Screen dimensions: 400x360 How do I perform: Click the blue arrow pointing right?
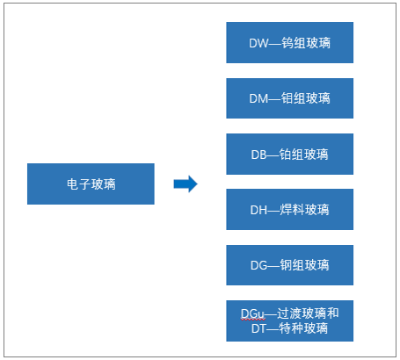[x=185, y=184]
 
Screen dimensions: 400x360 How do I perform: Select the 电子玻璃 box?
[x=91, y=184]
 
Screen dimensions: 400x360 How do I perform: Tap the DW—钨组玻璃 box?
[x=289, y=42]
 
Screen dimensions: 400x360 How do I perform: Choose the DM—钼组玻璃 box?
[x=289, y=98]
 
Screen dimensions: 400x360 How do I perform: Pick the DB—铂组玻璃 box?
[x=289, y=154]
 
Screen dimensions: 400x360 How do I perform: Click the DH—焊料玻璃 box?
[x=289, y=209]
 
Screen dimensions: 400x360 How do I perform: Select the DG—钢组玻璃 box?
[x=289, y=265]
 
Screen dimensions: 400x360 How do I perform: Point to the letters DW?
[x=258, y=43]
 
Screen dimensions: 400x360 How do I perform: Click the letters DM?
[x=258, y=98]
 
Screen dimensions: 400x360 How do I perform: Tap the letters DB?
[x=258, y=155]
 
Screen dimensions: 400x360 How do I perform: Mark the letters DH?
[x=258, y=210]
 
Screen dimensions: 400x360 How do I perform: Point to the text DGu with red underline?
[x=252, y=314]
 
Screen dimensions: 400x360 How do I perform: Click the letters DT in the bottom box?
[x=258, y=328]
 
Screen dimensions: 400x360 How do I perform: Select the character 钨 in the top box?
[x=287, y=43]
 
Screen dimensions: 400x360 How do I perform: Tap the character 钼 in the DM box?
[x=287, y=98]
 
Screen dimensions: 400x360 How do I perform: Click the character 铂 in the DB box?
[x=285, y=155]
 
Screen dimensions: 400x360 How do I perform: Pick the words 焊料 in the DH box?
[x=292, y=210]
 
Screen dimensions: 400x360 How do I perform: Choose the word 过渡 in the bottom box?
[x=289, y=313]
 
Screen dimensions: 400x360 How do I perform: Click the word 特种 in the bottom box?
[x=291, y=328]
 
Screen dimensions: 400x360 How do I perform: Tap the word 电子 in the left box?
[x=78, y=184]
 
